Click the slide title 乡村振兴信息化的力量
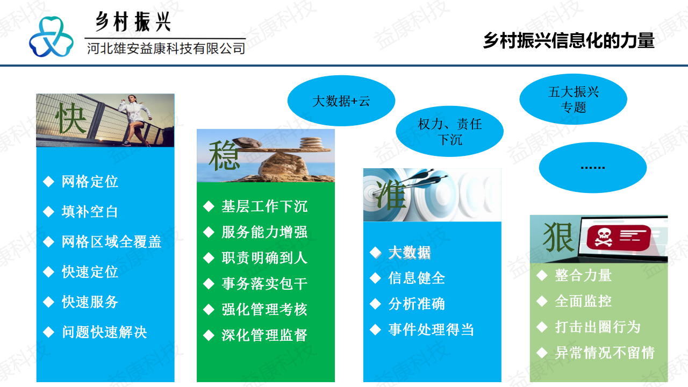569,40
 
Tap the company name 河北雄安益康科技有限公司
166,48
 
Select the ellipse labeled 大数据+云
341,101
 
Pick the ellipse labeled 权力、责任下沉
450,132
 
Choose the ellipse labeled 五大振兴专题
573,99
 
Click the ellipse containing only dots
593,167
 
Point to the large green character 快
71,118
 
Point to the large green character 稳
224,155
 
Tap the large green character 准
391,195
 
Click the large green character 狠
558,237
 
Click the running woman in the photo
134,120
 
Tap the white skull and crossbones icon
603,238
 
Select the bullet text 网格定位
90,182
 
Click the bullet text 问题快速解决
104,332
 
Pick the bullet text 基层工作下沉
264,206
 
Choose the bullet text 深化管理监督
264,335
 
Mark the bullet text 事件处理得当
431,329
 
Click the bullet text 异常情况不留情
605,353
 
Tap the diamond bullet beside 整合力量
542,275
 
